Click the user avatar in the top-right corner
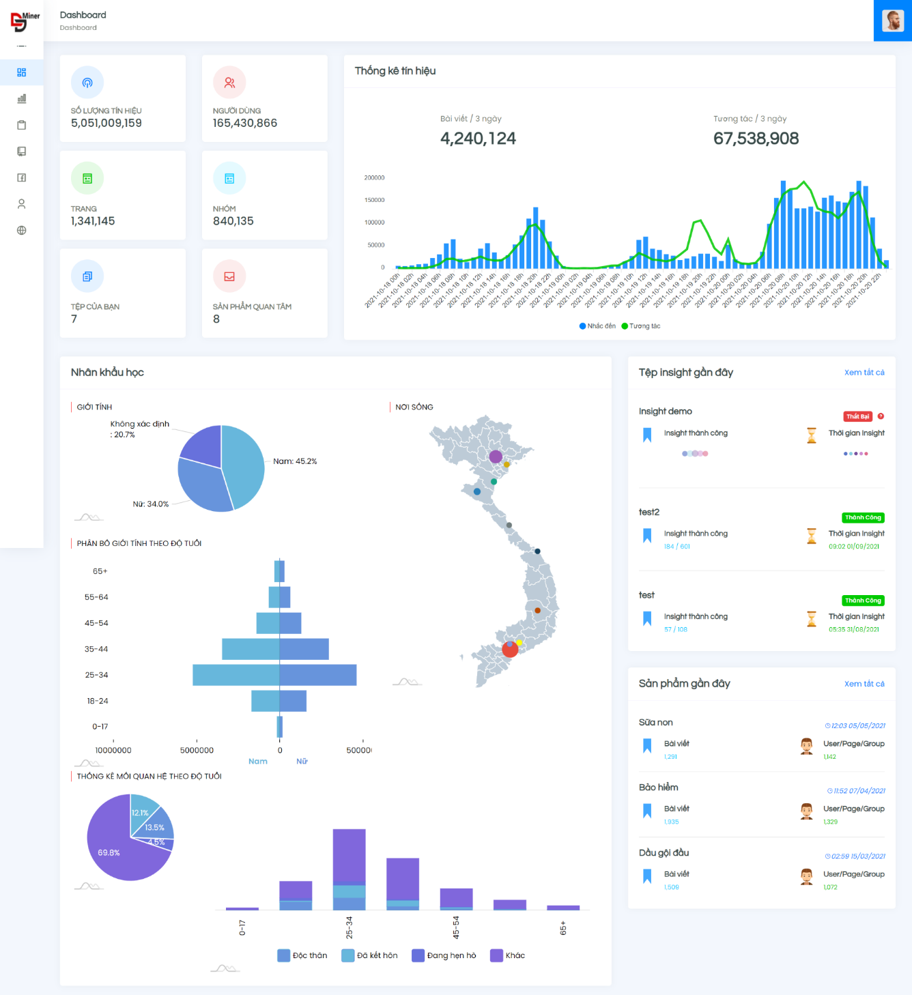[x=892, y=20]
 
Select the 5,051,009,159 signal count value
[x=106, y=124]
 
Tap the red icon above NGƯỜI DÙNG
[x=229, y=83]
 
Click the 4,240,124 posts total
[x=478, y=139]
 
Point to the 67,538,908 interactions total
[x=756, y=139]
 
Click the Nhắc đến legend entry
[x=597, y=326]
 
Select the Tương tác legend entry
[x=641, y=326]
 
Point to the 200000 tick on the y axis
[x=374, y=178]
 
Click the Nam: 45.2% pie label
[x=295, y=461]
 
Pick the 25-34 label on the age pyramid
[x=96, y=675]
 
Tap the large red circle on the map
[x=510, y=649]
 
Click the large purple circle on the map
[x=496, y=457]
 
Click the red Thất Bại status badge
[x=857, y=416]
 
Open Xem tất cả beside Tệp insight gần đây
[x=864, y=373]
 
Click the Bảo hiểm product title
[x=659, y=788]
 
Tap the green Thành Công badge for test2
[x=863, y=517]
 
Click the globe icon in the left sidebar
[x=22, y=231]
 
